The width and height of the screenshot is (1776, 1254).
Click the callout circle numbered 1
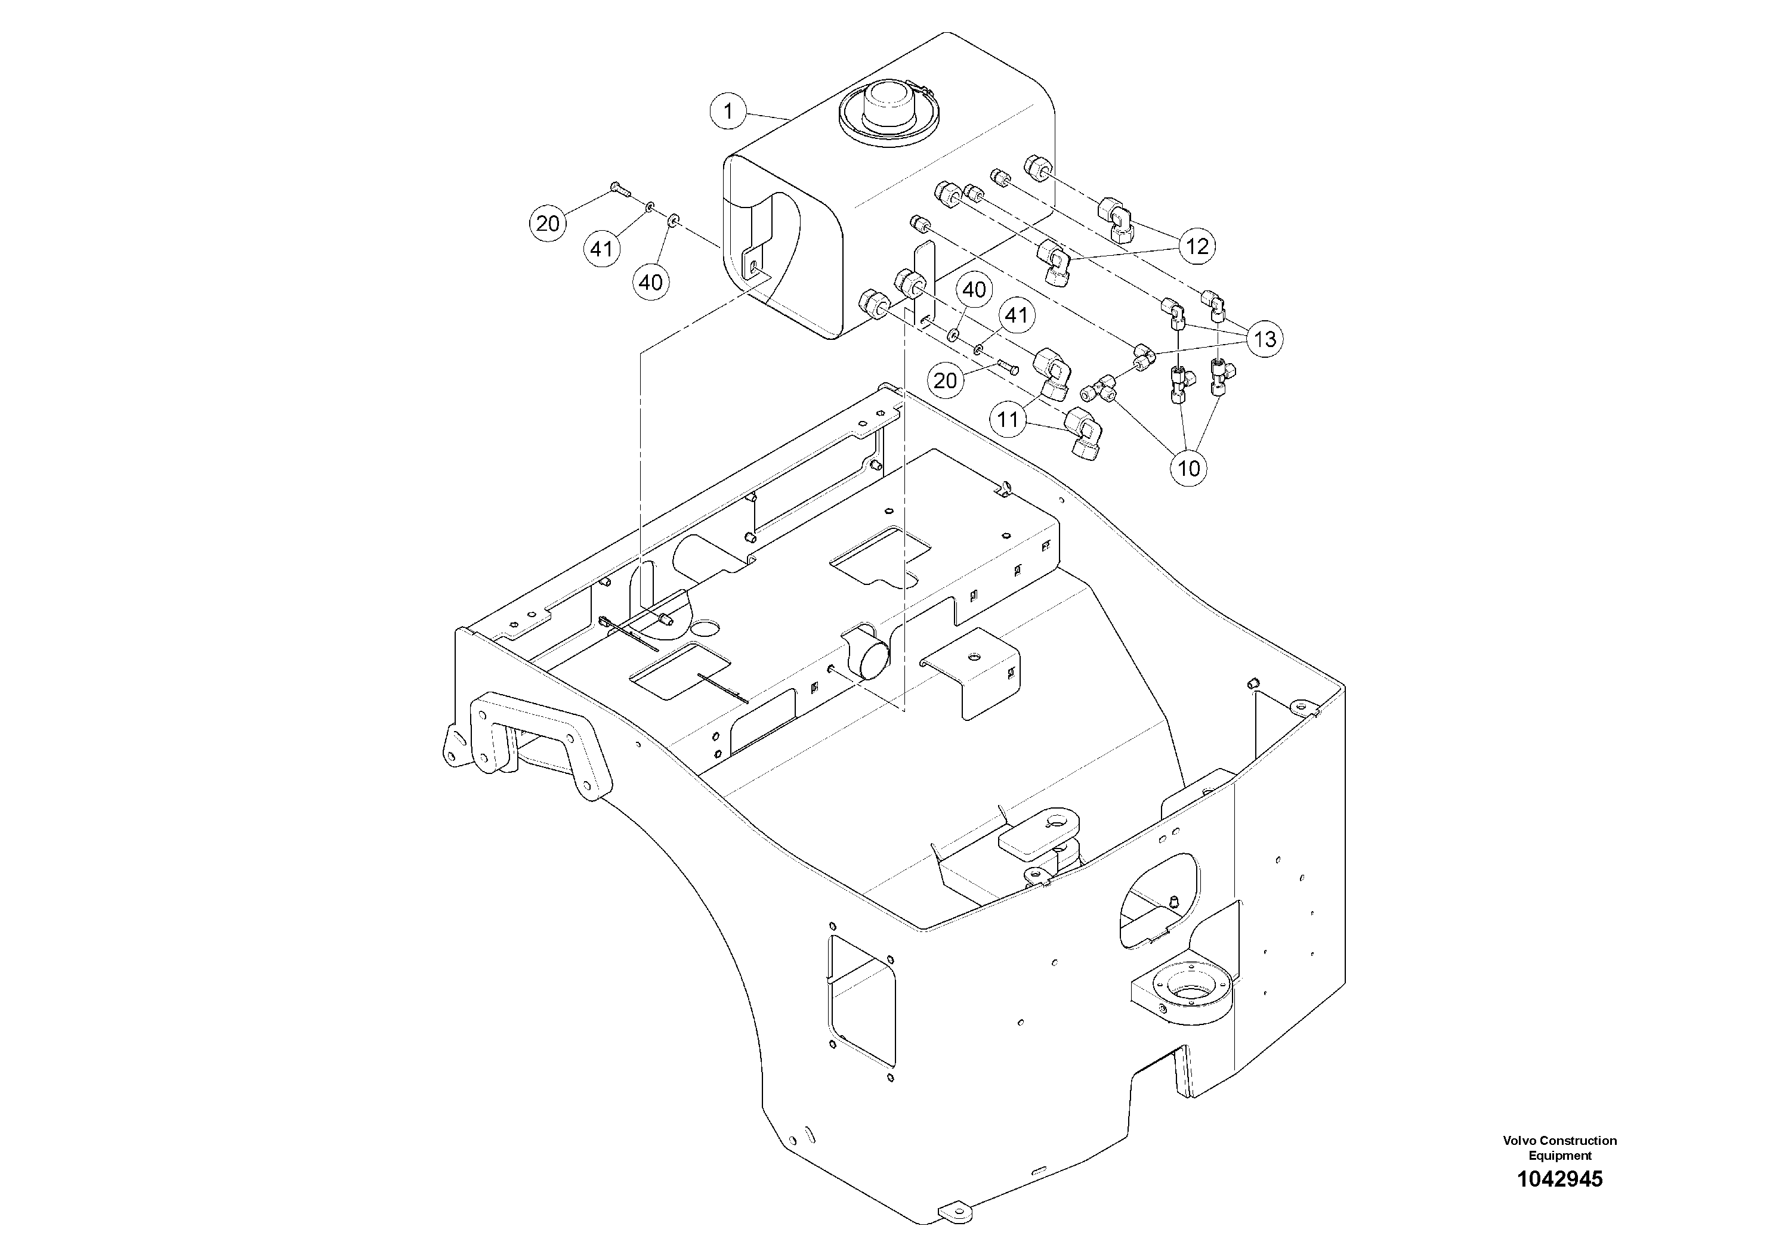tap(727, 112)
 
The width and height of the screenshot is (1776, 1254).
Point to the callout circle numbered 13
tap(1265, 339)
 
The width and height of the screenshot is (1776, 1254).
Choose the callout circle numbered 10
tap(1188, 467)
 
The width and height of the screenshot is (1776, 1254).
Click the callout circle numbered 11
tap(1007, 420)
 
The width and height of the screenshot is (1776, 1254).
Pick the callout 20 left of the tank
tap(548, 224)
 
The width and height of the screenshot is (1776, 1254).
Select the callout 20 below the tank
tap(945, 380)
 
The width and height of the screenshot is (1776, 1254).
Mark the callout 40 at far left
tap(650, 282)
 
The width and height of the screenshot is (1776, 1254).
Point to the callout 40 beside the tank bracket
tap(974, 290)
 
